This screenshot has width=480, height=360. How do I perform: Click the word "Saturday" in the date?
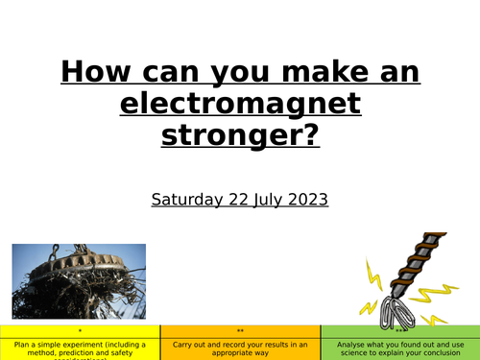(x=186, y=200)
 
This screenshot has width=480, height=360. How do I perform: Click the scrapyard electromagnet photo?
(x=79, y=279)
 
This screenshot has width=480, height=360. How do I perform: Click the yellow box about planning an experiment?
(x=80, y=345)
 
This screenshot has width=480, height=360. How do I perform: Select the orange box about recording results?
(x=240, y=345)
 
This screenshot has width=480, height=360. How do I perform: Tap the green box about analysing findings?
(x=399, y=345)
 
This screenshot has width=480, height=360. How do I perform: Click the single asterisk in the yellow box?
(x=80, y=331)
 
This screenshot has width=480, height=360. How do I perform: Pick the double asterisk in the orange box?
(x=240, y=331)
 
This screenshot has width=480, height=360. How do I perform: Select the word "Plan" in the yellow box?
(x=21, y=343)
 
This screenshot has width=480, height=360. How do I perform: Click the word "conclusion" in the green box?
(x=445, y=352)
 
